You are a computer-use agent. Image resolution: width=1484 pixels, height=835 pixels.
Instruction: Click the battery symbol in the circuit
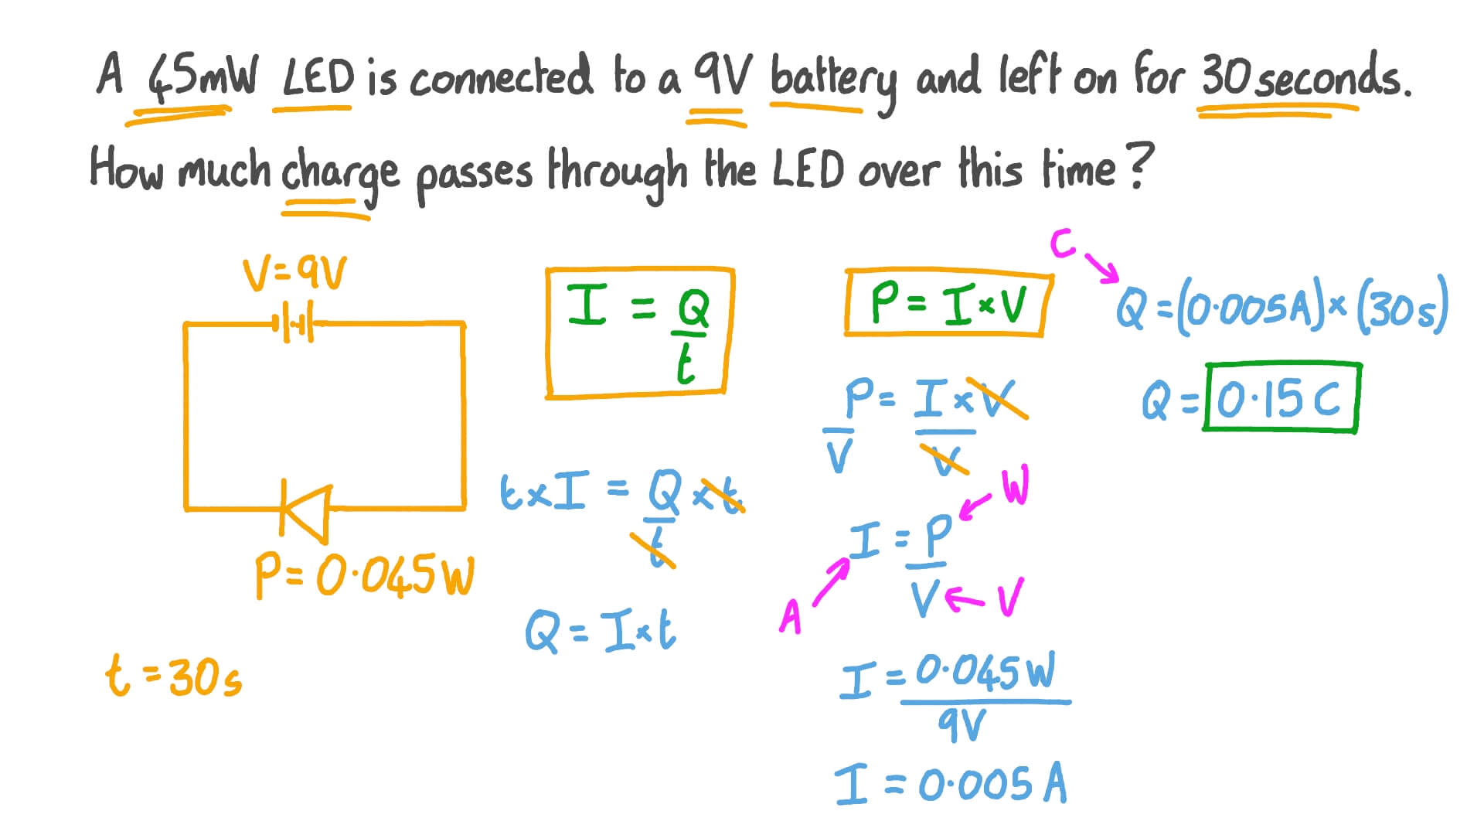tap(294, 324)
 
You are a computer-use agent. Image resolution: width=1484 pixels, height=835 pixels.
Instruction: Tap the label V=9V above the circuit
tap(294, 274)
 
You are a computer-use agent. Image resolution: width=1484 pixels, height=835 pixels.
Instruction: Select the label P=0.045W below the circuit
tap(364, 577)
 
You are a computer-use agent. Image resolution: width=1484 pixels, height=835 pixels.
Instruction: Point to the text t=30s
tap(174, 677)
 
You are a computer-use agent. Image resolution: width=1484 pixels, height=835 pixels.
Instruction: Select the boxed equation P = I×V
tap(948, 302)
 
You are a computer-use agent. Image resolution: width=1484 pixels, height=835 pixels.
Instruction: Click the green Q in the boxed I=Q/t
tap(693, 309)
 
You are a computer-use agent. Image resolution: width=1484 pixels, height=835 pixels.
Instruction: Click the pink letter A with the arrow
tap(791, 616)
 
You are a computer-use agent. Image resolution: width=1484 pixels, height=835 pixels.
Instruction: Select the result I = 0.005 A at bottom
tap(951, 784)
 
